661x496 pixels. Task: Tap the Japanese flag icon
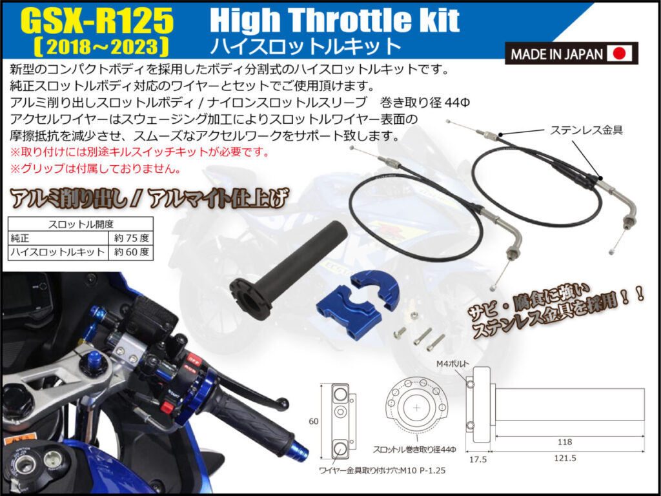pos(619,54)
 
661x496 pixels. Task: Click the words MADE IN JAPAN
pos(556,54)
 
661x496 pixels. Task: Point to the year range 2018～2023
pos(101,46)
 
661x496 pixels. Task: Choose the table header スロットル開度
pos(81,224)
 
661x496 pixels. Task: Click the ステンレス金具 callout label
pos(586,130)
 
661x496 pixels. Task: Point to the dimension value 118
pos(564,442)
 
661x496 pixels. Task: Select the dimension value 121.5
pos(565,458)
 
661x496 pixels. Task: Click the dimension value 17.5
pos(478,459)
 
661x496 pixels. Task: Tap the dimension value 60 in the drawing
pos(314,421)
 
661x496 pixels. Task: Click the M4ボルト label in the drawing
pos(453,364)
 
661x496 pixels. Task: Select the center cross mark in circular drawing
pos(417,408)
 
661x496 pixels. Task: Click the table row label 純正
pos(20,238)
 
